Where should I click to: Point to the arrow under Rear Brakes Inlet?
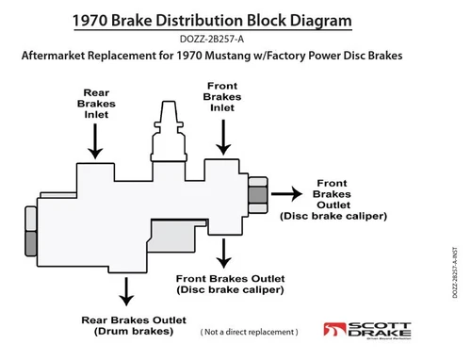tap(95, 143)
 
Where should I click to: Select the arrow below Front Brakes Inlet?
tap(224, 136)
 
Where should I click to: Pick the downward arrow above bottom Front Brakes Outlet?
tap(223, 252)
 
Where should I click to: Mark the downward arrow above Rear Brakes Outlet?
tap(121, 288)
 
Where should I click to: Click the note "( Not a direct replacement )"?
tap(249, 333)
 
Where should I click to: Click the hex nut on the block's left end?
tap(31, 235)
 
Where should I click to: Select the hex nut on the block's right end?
tap(255, 199)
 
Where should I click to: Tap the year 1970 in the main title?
tap(97, 19)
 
